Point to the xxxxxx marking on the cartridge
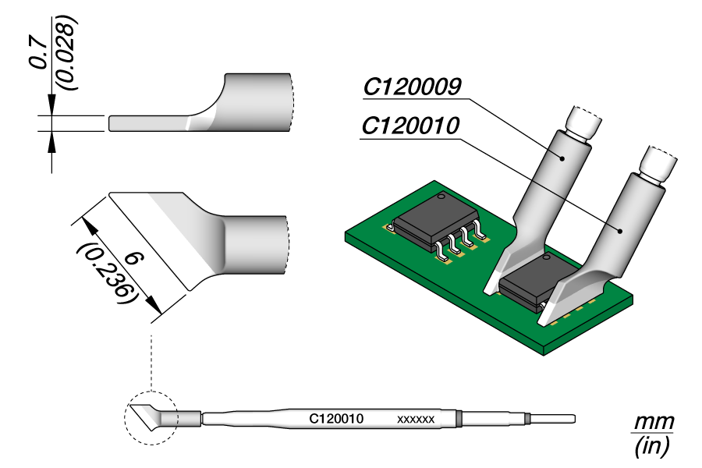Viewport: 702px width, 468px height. pyautogui.click(x=416, y=420)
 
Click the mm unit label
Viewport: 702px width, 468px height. pyautogui.click(x=652, y=423)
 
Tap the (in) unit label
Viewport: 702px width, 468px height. pyautogui.click(x=652, y=446)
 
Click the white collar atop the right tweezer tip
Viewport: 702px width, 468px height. pyautogui.click(x=655, y=165)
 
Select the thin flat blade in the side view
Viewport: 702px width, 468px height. pyautogui.click(x=148, y=123)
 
